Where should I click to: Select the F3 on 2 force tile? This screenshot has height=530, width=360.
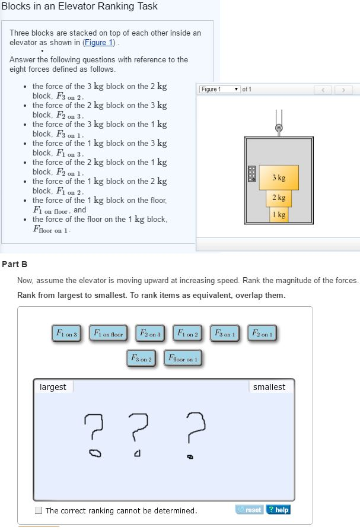[x=141, y=358]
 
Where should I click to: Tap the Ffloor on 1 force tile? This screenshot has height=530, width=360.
[x=183, y=358]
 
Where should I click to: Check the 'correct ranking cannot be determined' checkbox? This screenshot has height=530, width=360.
[x=39, y=510]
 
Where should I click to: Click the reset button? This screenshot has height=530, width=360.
[x=250, y=510]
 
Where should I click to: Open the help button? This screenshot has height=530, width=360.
[x=278, y=510]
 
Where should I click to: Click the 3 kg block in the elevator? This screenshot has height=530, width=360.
[x=279, y=177]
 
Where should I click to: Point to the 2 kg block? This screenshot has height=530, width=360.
[x=279, y=198]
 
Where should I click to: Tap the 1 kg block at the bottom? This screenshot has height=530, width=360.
[x=279, y=214]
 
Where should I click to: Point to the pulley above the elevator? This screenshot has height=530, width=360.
[x=279, y=126]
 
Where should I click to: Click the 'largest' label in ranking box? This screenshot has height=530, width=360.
[x=53, y=387]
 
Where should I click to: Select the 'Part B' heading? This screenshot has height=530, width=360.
[x=14, y=264]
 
